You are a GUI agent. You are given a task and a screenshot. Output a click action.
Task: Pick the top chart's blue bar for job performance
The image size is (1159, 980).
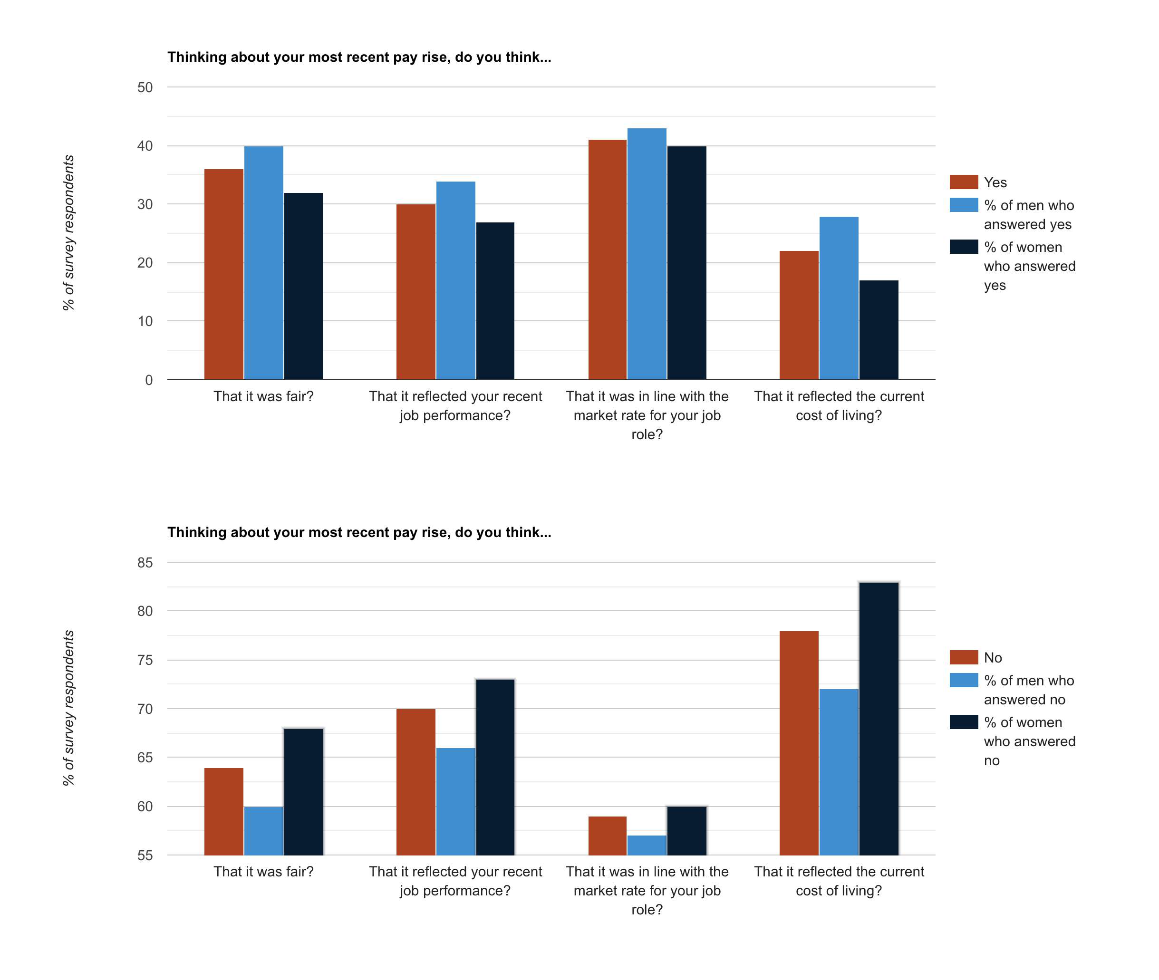tap(455, 280)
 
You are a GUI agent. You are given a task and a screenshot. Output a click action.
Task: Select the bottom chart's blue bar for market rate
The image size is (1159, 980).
tap(647, 845)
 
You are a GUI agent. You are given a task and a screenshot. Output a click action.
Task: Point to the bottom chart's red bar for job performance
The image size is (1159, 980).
tap(415, 782)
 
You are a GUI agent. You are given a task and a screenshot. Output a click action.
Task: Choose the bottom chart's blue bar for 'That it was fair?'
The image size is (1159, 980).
tap(263, 831)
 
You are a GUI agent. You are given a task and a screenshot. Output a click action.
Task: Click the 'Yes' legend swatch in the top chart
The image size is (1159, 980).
tap(964, 182)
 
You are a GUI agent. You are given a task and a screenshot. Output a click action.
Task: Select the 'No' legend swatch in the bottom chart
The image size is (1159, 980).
tap(964, 657)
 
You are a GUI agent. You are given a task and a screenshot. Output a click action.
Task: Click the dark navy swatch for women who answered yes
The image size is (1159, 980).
tap(964, 247)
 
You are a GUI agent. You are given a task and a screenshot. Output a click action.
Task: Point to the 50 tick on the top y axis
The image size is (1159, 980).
tap(145, 87)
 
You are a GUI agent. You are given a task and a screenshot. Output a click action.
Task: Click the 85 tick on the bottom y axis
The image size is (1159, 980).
tap(145, 562)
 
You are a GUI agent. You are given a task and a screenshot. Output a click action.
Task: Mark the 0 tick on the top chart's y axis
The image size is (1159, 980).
tap(149, 380)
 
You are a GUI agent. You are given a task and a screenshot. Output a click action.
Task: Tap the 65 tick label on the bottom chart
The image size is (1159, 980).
tap(145, 757)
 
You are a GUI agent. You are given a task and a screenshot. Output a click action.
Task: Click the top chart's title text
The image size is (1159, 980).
tap(359, 57)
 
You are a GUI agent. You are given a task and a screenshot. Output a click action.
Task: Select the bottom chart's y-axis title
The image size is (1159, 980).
tap(68, 708)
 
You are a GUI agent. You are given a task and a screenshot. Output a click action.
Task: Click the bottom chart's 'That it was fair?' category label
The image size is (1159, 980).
tap(263, 871)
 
